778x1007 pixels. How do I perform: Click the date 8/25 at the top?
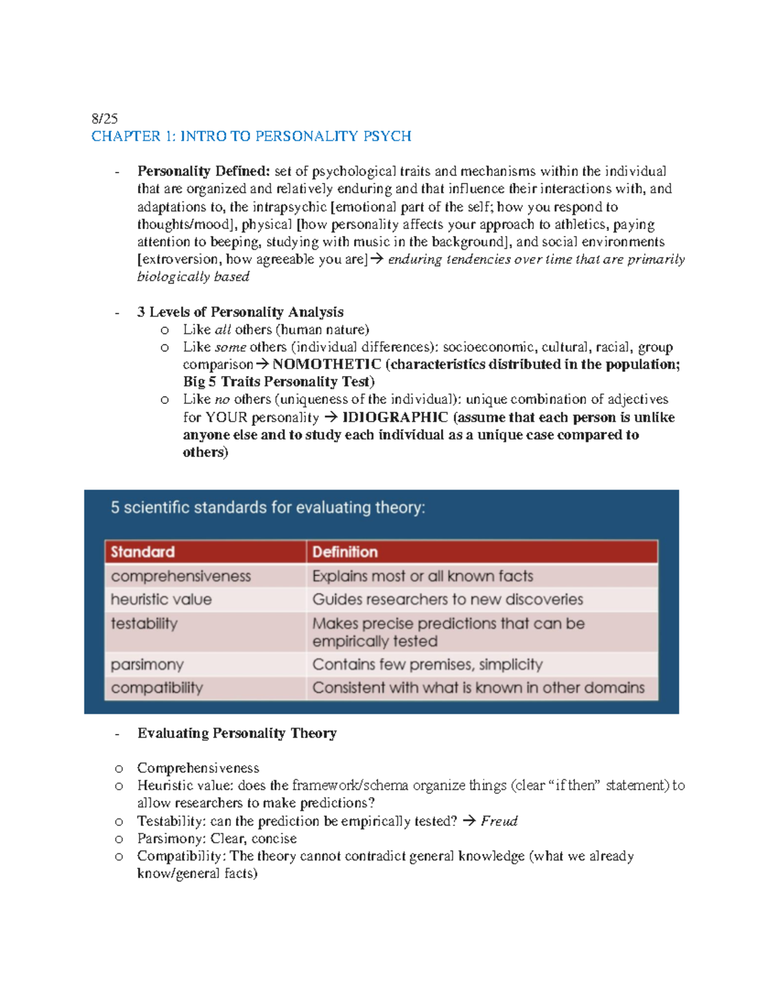(104, 119)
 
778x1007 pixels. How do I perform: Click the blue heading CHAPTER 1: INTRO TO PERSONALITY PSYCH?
(251, 136)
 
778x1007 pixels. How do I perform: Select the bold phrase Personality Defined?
(203, 171)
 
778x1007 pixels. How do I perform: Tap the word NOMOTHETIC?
(327, 364)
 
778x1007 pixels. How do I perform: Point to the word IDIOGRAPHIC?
(395, 418)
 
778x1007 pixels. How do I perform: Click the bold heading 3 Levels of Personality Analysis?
(240, 312)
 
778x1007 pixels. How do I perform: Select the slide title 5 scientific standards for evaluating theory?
(268, 508)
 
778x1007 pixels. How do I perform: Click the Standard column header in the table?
(143, 552)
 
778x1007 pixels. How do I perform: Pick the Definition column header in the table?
(345, 552)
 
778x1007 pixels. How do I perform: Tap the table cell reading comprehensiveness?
(181, 576)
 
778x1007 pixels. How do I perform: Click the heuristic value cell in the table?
(161, 599)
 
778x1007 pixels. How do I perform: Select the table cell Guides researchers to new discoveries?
(447, 599)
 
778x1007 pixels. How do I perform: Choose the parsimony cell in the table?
(147, 665)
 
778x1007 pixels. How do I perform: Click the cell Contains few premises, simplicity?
(427, 665)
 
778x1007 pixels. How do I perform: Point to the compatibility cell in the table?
(157, 688)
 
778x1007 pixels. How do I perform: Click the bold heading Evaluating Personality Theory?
(237, 733)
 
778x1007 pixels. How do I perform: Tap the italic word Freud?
(499, 822)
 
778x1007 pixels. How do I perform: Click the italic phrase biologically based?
(193, 277)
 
